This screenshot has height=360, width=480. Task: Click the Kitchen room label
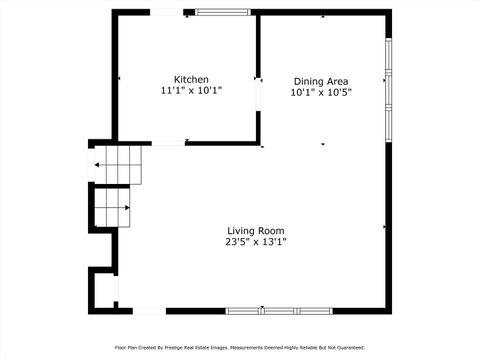point(191,79)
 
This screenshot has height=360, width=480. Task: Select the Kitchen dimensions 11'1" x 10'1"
point(191,91)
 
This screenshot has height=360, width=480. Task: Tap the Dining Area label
point(321,81)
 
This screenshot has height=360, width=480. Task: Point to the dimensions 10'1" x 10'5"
point(321,93)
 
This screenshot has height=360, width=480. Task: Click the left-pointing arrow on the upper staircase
point(98,165)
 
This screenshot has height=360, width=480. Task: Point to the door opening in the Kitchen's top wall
point(166,13)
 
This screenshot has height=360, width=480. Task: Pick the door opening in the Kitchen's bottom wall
point(167,143)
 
